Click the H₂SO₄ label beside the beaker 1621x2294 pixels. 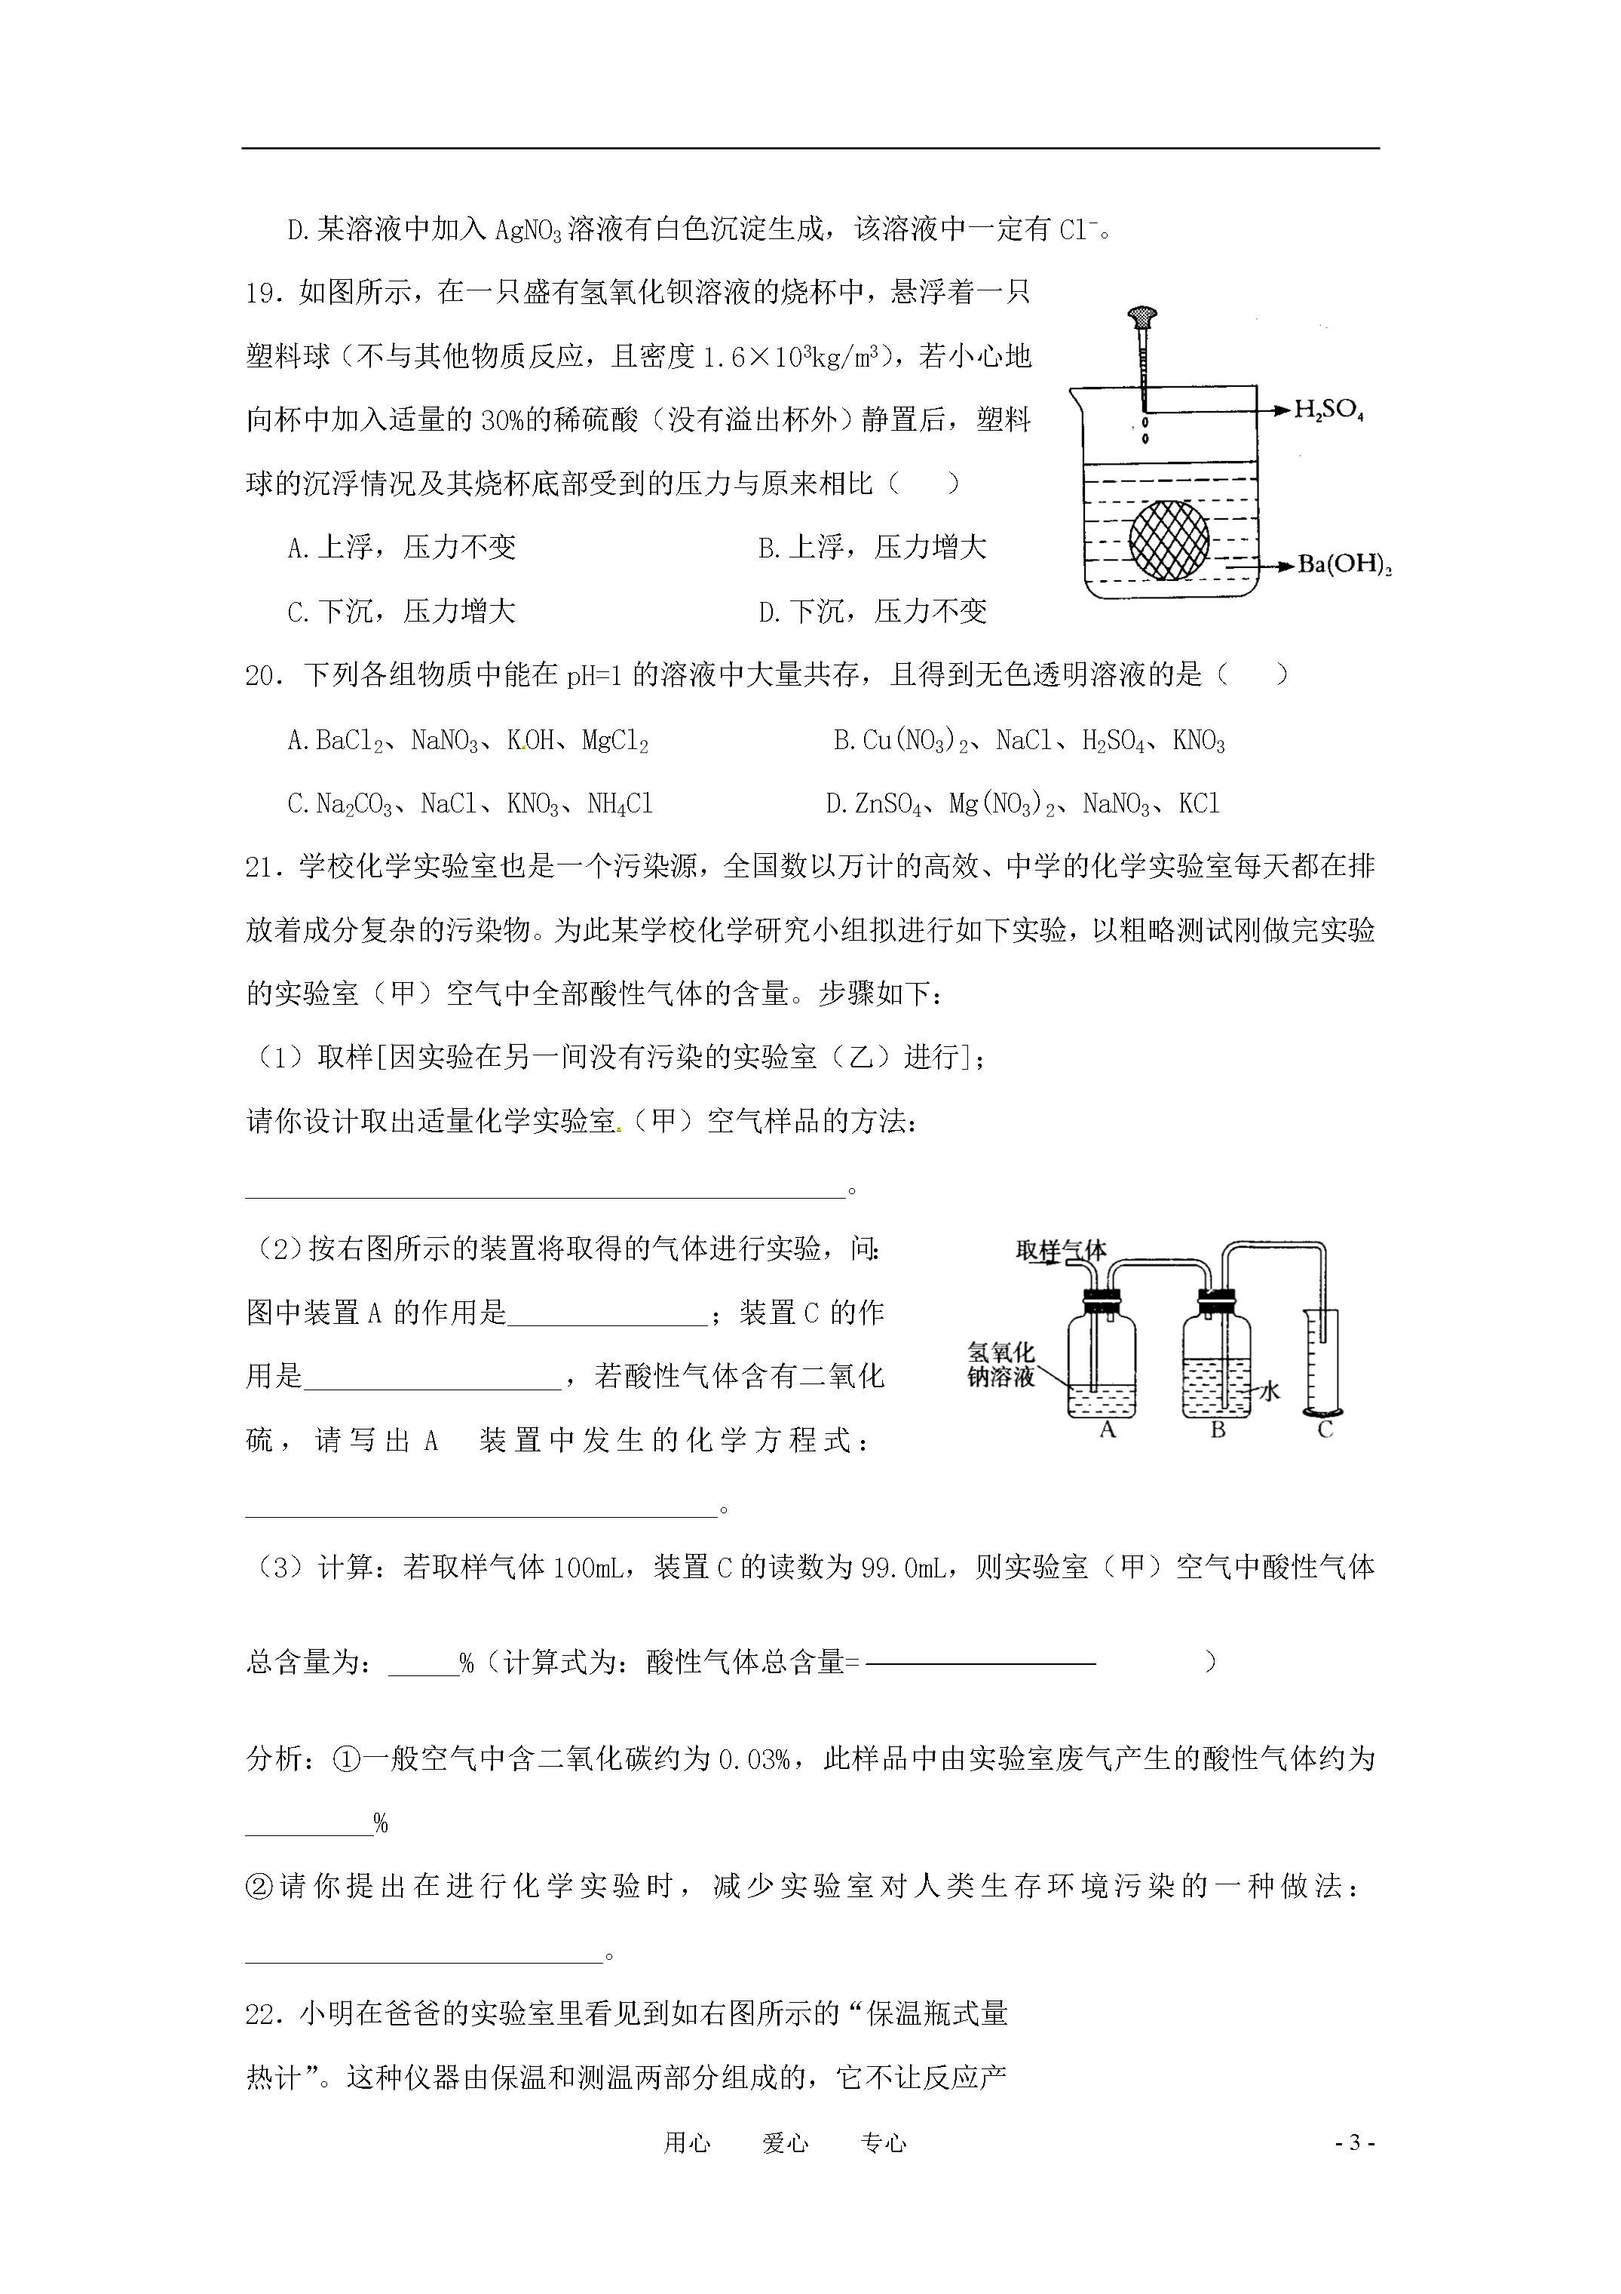1328,410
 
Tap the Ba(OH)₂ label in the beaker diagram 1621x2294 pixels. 1344,566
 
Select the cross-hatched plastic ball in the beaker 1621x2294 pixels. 1169,539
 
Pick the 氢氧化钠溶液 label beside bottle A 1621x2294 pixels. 1000,1364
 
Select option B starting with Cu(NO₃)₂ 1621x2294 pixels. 1028,742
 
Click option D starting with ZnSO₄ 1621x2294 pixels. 1023,804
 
